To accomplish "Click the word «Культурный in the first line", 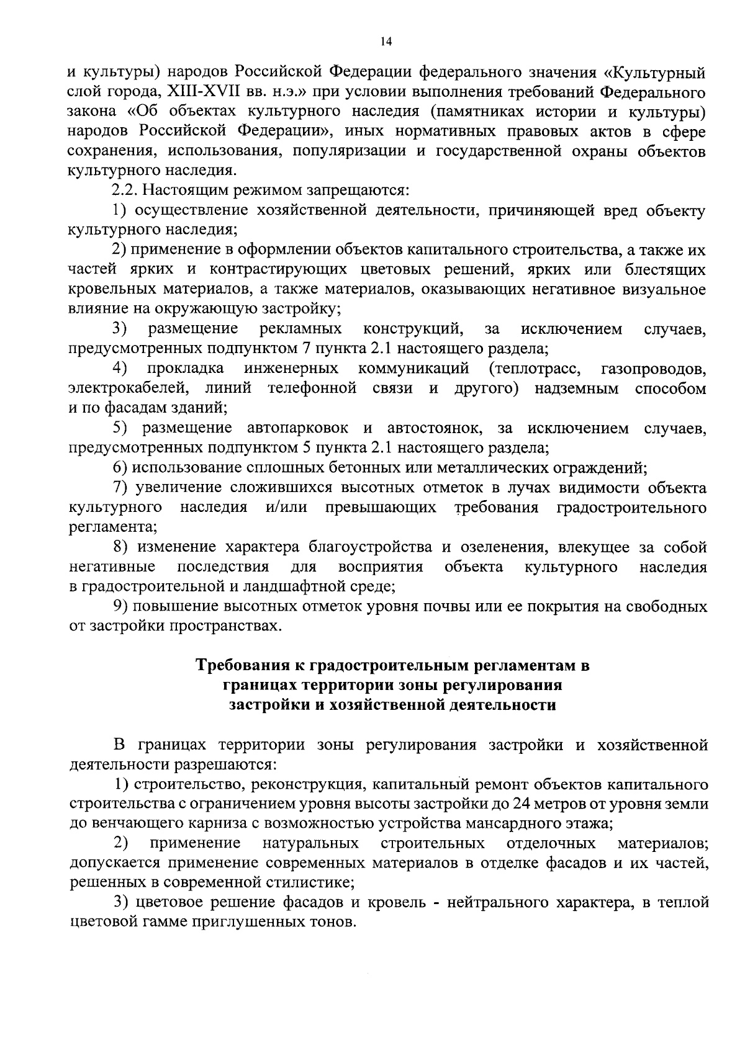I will pos(657,73).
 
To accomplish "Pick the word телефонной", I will pos(312,389).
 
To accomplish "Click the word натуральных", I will pos(310,844).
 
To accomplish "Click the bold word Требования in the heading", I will pos(247,666).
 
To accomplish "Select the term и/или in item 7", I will pos(286,508).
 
